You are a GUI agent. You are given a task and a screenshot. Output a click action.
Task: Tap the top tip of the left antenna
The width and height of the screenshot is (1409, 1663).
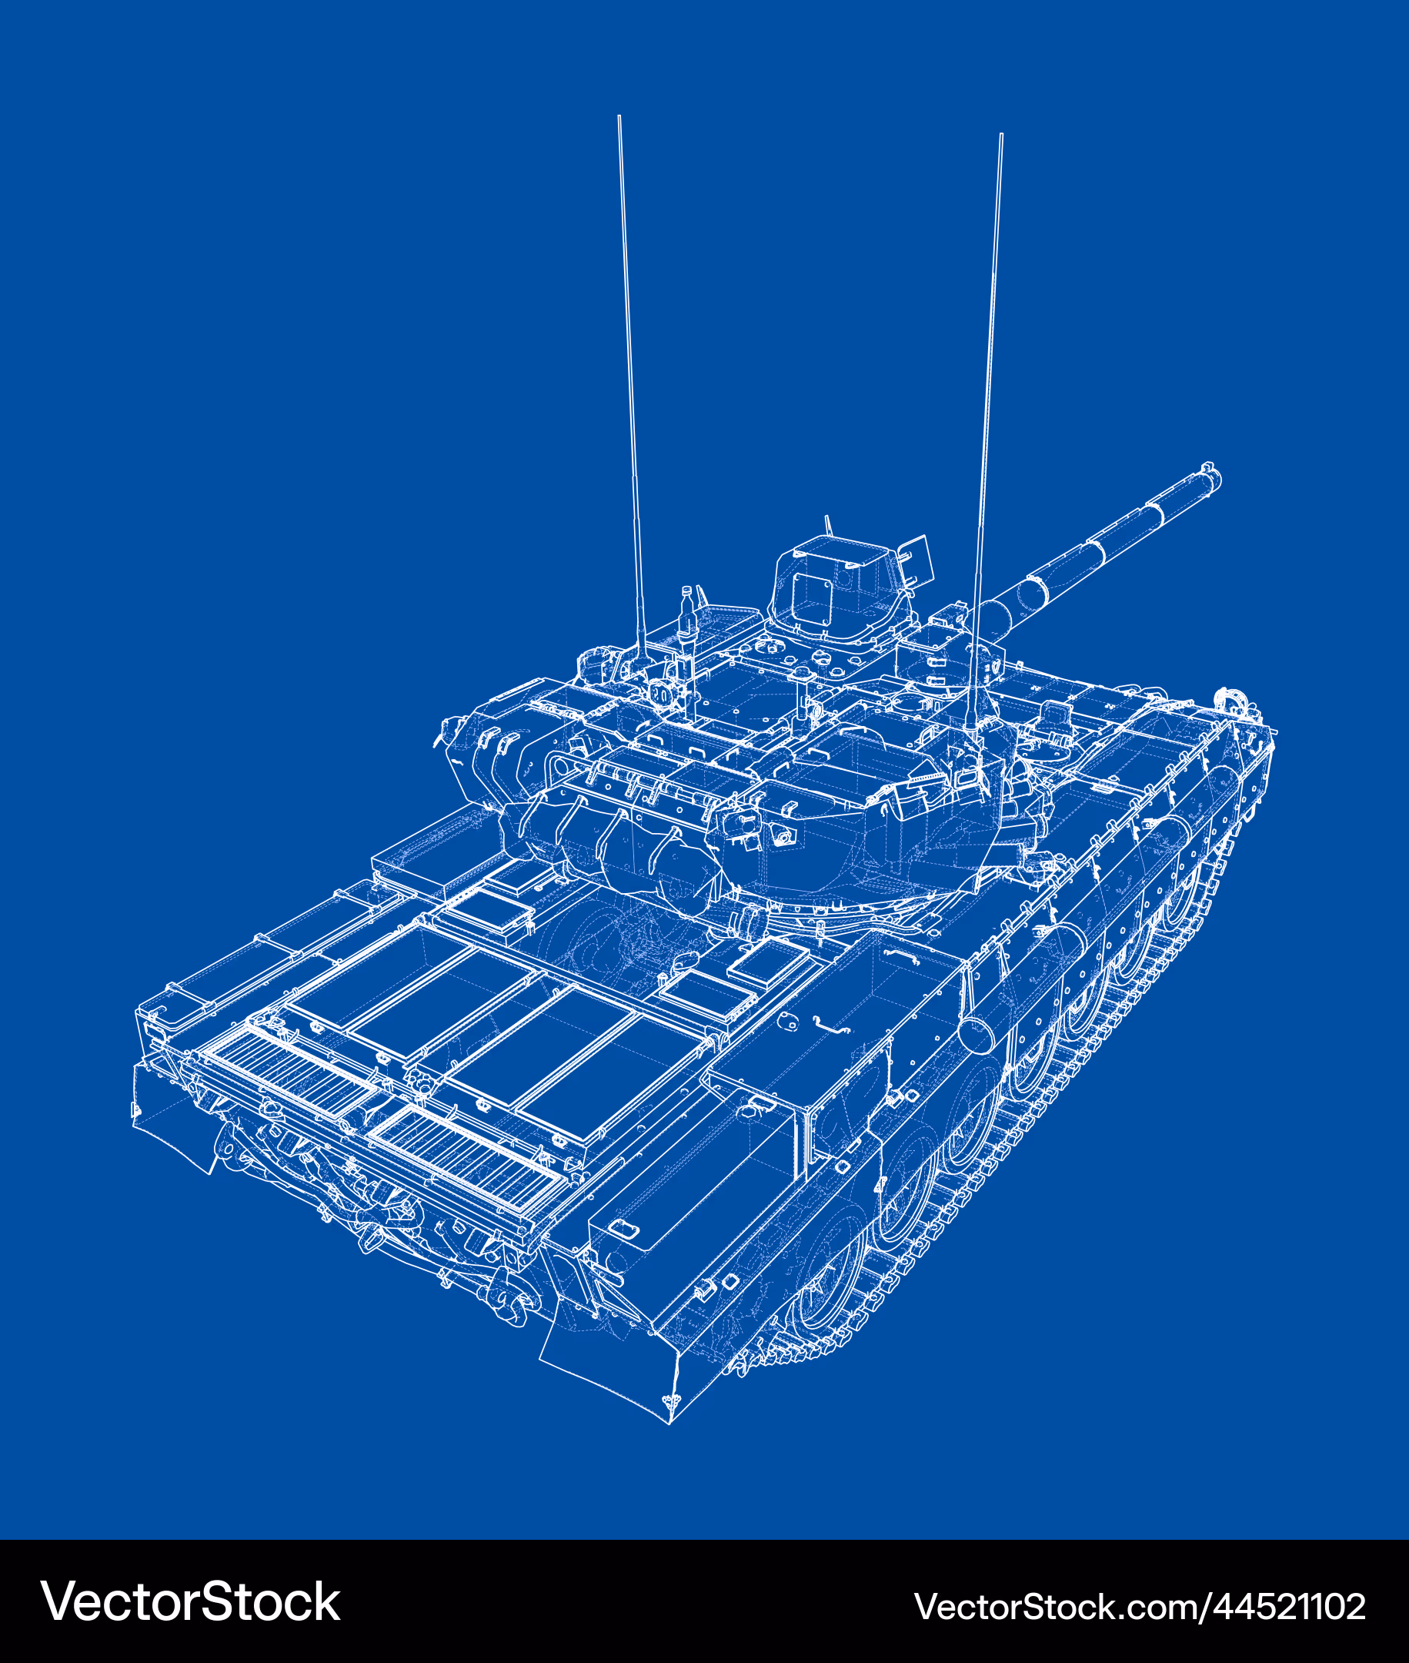coord(619,117)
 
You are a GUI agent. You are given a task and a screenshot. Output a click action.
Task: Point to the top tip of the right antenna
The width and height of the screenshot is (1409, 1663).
coord(1001,135)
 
